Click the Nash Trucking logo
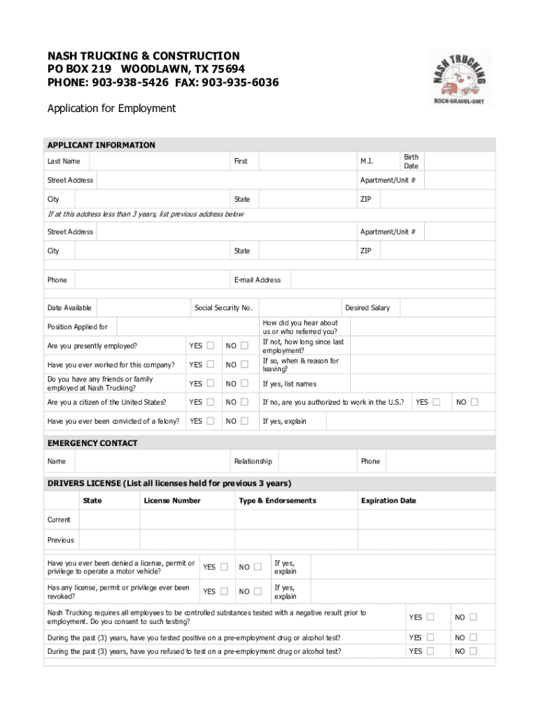[458, 78]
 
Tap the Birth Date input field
[459, 162]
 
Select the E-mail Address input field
[392, 280]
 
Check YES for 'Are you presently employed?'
[210, 345]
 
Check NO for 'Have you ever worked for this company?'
[244, 364]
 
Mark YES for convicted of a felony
[210, 421]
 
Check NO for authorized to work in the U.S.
[474, 402]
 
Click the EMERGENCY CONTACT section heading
[92, 443]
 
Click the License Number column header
[172, 501]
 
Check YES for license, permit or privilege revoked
[224, 591]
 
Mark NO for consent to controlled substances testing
[474, 617]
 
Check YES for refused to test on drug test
[430, 651]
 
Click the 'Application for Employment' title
[111, 109]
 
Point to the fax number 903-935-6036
[240, 83]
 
